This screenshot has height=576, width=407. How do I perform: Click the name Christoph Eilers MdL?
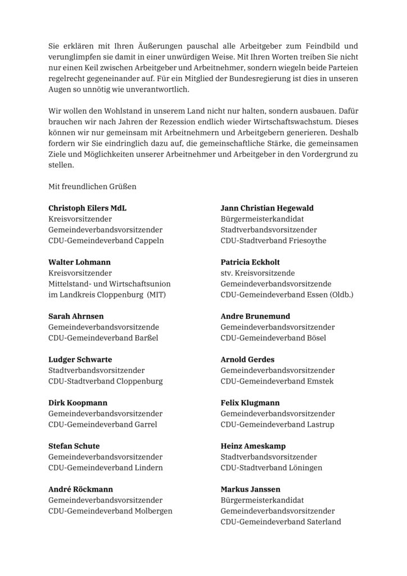tap(88, 208)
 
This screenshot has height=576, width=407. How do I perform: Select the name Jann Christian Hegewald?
tap(267, 208)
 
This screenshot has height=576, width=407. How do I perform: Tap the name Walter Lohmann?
tap(79, 262)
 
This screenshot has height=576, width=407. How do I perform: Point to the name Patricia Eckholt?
tap(250, 262)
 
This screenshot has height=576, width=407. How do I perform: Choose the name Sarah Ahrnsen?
tap(76, 316)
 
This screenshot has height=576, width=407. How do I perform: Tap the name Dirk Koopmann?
tap(78, 403)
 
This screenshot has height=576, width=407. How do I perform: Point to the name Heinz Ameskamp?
tap(252, 446)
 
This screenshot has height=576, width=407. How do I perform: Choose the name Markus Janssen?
tap(250, 489)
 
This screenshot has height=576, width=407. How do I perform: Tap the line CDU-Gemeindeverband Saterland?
tap(281, 521)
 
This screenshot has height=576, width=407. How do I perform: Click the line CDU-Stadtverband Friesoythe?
tap(273, 241)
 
